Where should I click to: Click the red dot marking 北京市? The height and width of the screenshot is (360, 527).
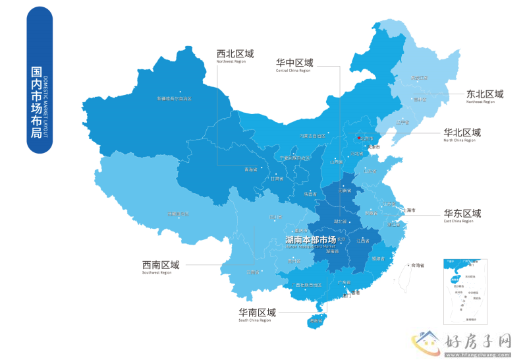click(358, 138)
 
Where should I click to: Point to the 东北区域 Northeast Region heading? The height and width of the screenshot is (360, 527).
click(484, 96)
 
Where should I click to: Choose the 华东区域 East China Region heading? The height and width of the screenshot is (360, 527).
click(462, 215)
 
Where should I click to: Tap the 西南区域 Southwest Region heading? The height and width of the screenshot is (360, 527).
click(161, 266)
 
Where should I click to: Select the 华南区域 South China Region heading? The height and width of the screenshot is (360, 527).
click(257, 314)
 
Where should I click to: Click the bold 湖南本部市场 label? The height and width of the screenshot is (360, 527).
click(310, 240)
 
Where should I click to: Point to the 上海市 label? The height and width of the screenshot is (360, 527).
click(409, 210)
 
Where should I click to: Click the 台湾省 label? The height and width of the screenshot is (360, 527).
click(418, 265)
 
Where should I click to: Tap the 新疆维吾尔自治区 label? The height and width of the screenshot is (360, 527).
click(174, 99)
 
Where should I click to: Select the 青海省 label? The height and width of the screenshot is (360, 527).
click(251, 169)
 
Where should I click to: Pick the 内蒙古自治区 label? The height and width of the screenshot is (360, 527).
click(313, 136)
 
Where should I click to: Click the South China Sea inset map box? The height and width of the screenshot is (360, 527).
click(465, 291)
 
